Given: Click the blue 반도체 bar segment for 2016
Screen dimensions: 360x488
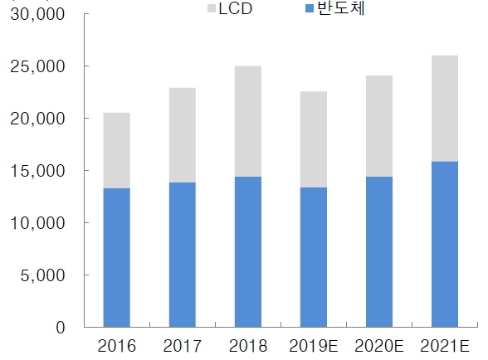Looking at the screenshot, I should point(116,257).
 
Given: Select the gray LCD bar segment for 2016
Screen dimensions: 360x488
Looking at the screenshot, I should point(116,150).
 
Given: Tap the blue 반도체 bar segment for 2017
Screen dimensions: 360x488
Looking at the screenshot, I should point(182,255).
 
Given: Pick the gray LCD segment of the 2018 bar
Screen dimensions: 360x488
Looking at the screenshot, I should point(247,121).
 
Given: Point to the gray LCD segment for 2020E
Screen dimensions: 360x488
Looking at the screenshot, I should point(378,126).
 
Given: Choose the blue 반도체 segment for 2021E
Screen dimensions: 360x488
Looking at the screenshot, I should point(444,244).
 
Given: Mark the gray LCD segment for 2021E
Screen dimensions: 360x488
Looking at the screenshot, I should point(444,109).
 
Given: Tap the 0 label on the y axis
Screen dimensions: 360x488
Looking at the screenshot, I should point(60,328).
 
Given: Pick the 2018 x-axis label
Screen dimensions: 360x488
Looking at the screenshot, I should point(247,345).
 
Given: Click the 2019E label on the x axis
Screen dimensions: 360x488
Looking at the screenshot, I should point(313,345).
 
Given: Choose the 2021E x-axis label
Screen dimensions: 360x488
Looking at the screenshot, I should point(444,345).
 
